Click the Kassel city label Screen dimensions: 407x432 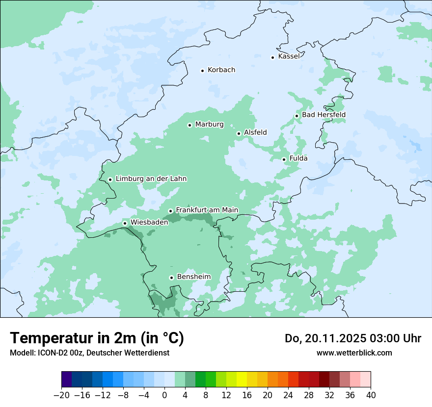point(289,56)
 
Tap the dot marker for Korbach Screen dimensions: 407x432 point(202,71)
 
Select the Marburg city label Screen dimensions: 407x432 point(209,125)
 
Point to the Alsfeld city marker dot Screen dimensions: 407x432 point(239,133)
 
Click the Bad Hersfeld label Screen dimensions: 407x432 point(324,115)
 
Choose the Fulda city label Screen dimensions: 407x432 point(298,158)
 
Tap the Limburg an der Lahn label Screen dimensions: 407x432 point(151,179)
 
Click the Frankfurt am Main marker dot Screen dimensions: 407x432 point(171,211)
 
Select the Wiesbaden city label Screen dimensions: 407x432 point(149,222)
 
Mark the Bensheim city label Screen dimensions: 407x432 point(193,277)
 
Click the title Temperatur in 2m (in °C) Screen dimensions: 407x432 point(97,338)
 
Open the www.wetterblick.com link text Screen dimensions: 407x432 point(354,353)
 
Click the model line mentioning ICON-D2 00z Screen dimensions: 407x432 point(89,353)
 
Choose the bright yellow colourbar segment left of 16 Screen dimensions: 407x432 point(242,380)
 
